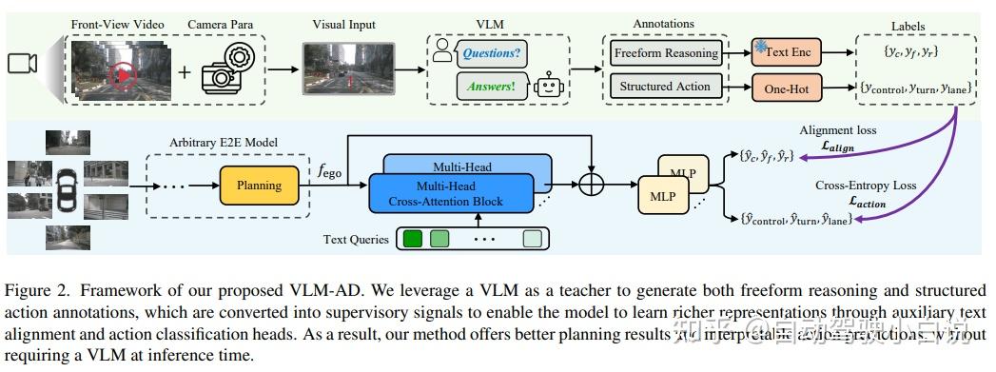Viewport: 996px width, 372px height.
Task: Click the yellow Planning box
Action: pos(259,186)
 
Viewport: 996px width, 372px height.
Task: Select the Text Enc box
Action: pos(788,52)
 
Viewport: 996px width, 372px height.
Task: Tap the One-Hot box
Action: pos(788,88)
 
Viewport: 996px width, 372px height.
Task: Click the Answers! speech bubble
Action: pos(491,88)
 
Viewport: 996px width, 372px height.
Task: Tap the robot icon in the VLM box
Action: pos(548,88)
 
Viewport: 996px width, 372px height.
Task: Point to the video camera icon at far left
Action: pos(23,64)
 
